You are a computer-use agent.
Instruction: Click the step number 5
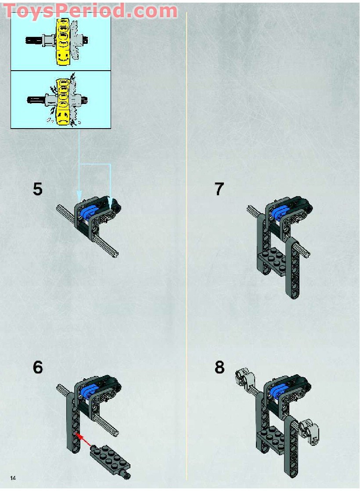[x=38, y=189]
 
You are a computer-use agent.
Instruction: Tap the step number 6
[x=38, y=367]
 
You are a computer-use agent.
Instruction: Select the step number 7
[x=219, y=189]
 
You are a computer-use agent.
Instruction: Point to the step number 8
[x=220, y=367]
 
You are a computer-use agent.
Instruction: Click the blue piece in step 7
[x=279, y=212]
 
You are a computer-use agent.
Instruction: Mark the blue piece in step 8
[x=279, y=391]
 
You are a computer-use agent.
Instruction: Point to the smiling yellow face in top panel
[x=64, y=57]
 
